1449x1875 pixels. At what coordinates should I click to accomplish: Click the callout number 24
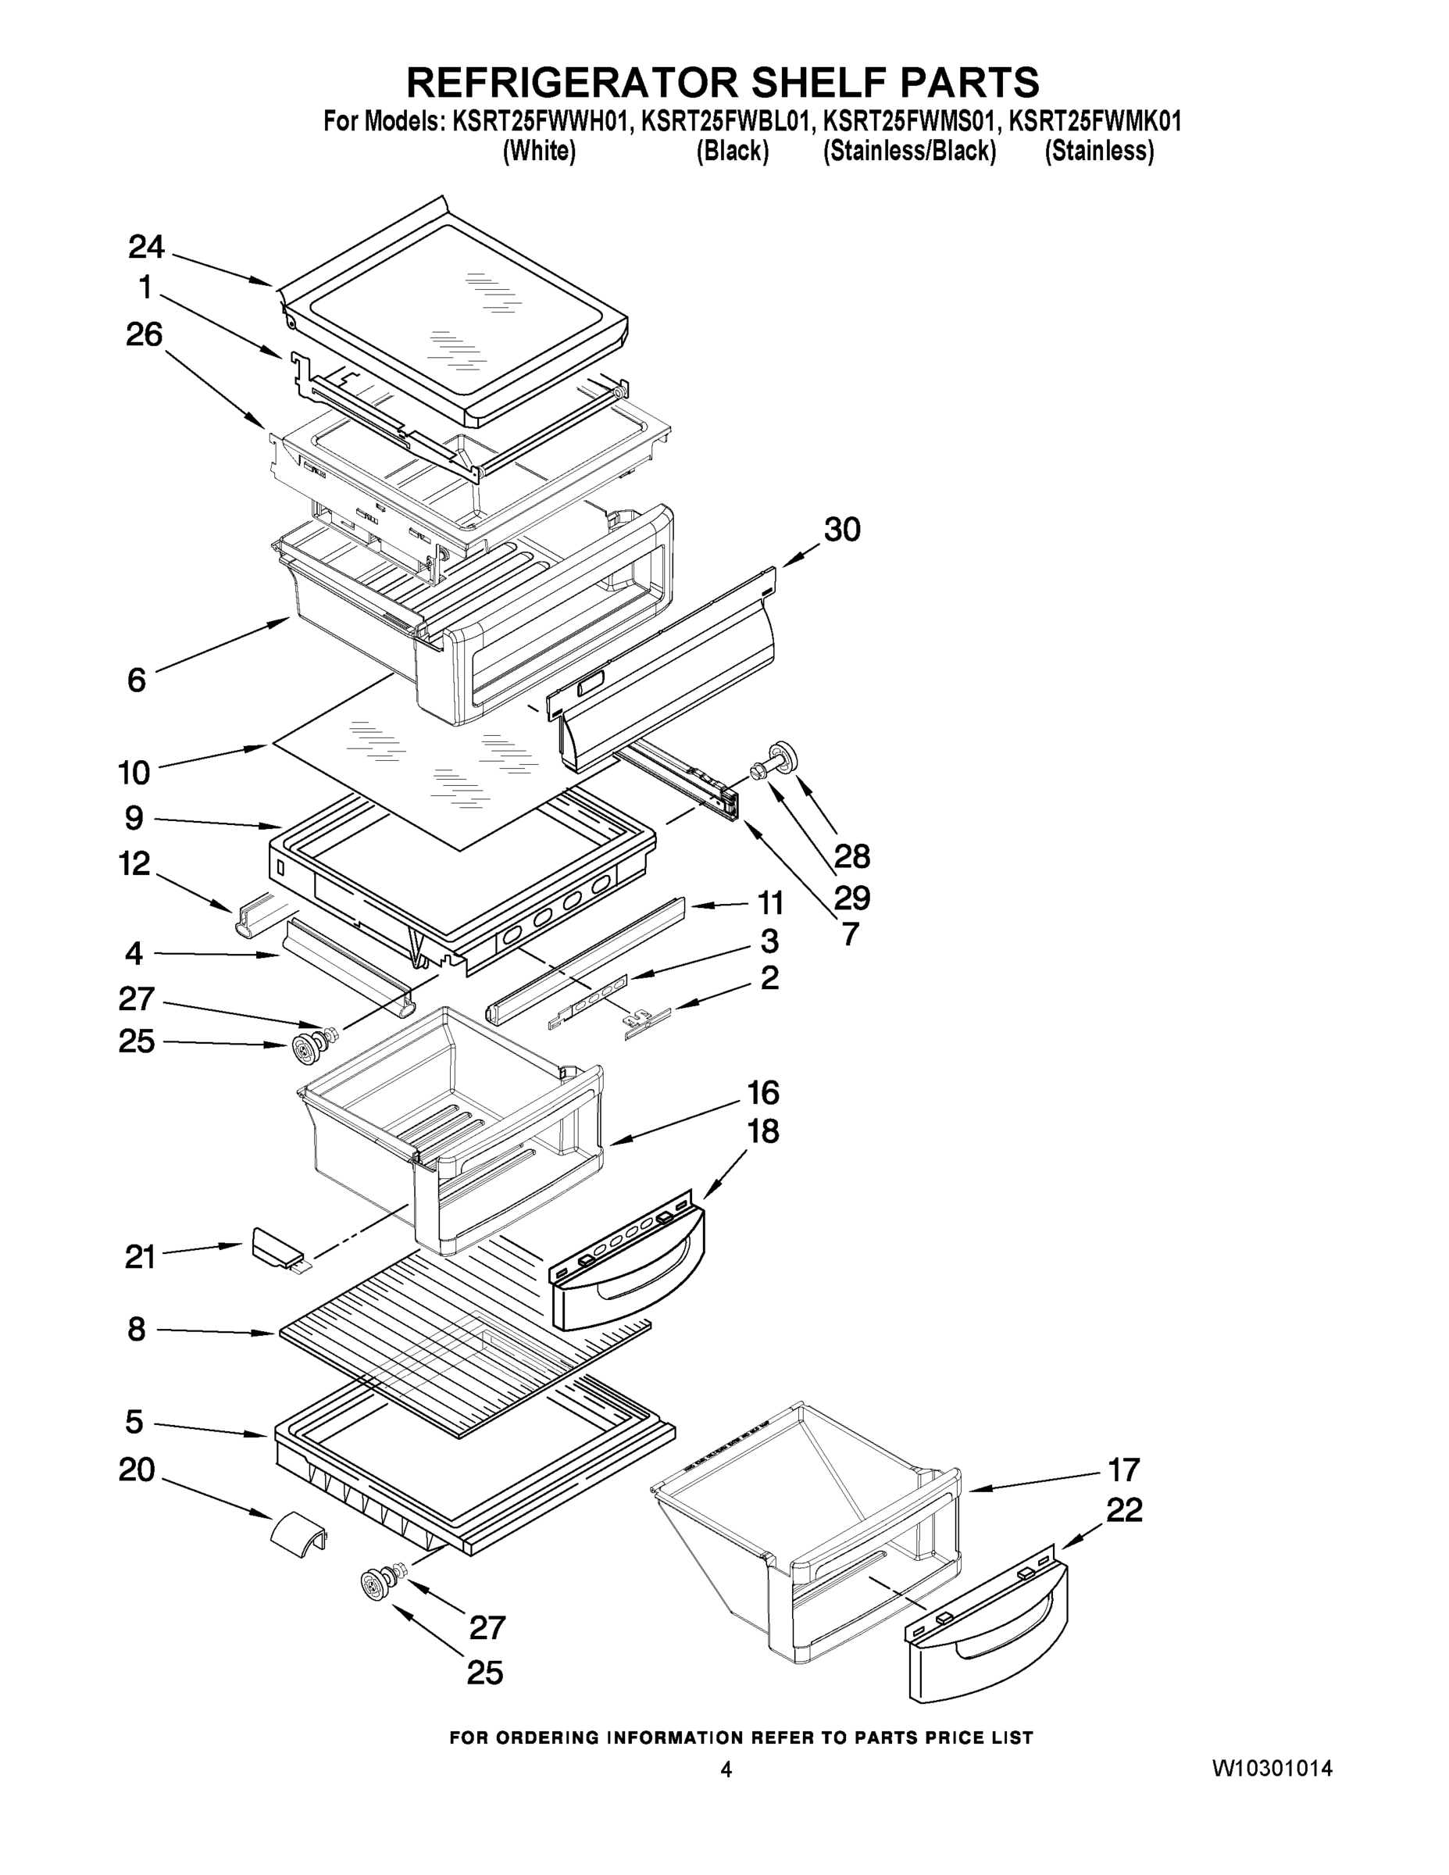tap(146, 246)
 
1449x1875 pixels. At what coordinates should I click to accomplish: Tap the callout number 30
tap(841, 530)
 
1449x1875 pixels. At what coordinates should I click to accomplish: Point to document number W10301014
tap(1272, 1768)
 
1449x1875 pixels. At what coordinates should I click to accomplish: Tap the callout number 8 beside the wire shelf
tap(136, 1330)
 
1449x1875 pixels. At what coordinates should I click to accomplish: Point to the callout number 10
tap(134, 773)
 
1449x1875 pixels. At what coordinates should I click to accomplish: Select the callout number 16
tap(762, 1093)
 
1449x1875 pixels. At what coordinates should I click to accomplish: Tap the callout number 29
tap(851, 898)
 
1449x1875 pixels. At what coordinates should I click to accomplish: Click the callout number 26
tap(145, 334)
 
